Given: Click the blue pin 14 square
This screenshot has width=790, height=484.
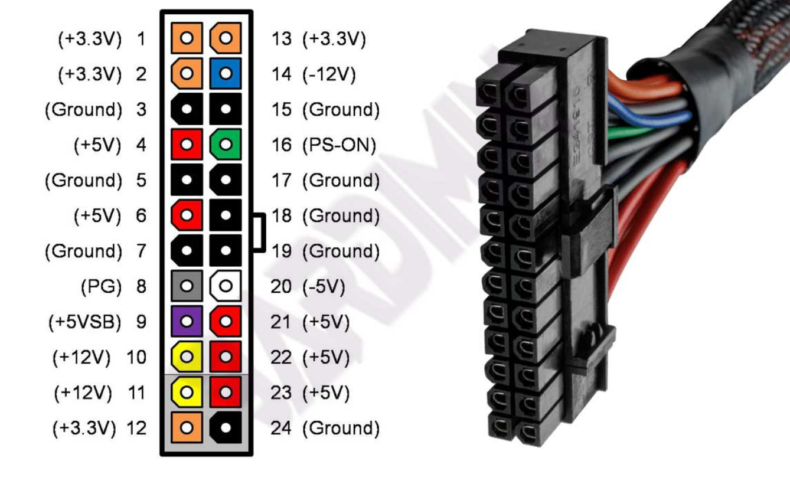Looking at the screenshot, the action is tap(226, 73).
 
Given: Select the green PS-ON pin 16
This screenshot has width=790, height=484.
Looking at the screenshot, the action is tap(226, 144).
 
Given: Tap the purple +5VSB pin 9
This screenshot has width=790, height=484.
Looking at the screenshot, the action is tap(187, 321).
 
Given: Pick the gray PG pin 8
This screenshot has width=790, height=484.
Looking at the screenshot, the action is tap(187, 286).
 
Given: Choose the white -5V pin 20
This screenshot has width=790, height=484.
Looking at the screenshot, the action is tap(226, 286).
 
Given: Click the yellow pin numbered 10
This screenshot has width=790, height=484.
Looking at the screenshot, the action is tap(187, 357).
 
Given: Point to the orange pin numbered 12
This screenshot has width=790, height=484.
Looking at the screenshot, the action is tap(187, 427).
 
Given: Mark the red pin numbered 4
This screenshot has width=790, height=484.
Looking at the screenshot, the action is tap(187, 144).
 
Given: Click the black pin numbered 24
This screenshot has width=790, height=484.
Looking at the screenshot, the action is tap(226, 427).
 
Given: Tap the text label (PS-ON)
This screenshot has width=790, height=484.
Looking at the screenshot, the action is tap(339, 145).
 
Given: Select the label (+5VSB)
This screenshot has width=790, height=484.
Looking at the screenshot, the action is tap(84, 322).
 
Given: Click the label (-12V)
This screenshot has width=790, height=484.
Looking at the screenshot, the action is tap(329, 74).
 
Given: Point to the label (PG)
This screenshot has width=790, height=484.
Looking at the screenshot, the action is tap(101, 286).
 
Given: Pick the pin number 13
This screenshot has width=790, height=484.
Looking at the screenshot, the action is tap(282, 38).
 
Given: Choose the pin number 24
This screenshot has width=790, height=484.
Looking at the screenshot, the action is tap(280, 428).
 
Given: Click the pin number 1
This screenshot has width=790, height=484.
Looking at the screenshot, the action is tap(142, 38).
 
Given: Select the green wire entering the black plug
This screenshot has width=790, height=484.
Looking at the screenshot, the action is tap(631, 133).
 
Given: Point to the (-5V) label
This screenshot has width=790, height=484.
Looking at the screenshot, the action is tap(324, 287).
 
